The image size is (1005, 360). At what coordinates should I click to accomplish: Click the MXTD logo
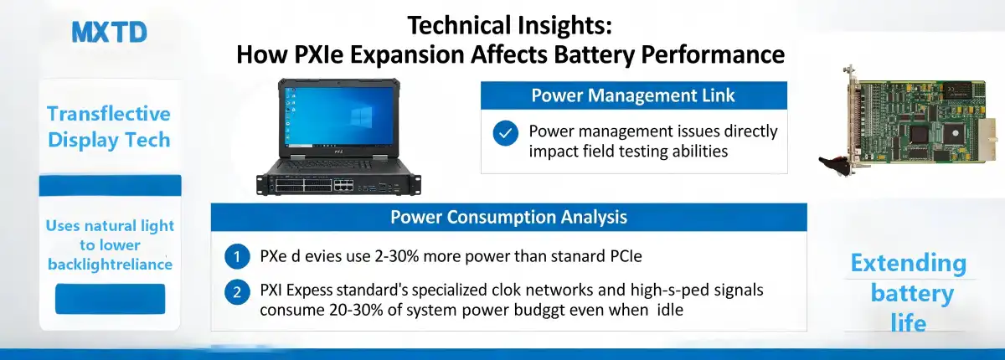[109, 33]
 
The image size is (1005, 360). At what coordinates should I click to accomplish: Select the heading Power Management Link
[633, 95]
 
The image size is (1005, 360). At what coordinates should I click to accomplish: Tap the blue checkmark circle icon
[505, 133]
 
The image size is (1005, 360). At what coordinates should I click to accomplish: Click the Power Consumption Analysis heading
[508, 218]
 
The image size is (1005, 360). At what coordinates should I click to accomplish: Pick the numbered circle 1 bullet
[238, 256]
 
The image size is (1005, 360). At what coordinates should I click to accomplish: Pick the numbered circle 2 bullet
[238, 292]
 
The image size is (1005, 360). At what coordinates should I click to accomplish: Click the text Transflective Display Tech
[109, 126]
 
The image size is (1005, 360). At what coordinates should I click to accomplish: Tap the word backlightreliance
[110, 265]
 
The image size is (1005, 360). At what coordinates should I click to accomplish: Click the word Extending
[908, 264]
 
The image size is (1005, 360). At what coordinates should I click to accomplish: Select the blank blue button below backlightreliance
[110, 299]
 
